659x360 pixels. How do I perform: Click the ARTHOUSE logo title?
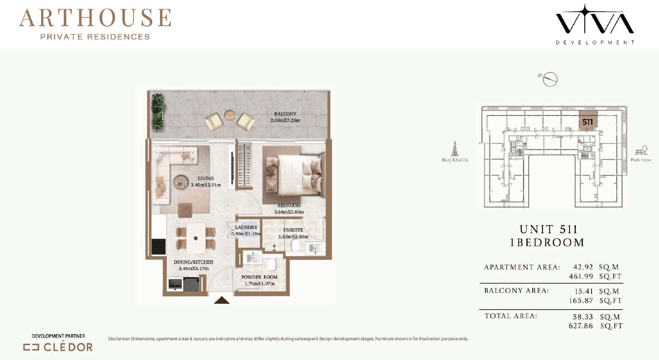pos(95,18)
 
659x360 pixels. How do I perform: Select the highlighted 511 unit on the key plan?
pos(588,121)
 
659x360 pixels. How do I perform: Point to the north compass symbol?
pos(549,79)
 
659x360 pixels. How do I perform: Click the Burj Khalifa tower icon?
pos(455,148)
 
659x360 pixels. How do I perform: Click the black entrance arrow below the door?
pos(221,300)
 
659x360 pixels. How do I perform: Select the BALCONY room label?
pos(285,114)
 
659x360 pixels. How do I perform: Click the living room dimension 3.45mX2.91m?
pos(205,185)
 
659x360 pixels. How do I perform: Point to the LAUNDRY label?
pos(246,227)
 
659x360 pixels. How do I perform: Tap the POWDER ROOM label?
pos(259,277)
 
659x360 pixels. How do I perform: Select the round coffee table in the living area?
pos(181,182)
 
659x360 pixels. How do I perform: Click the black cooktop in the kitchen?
pos(158,247)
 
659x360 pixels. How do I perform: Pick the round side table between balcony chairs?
pos(230,115)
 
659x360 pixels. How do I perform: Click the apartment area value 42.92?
pos(583,267)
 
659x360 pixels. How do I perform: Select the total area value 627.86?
pos(581,326)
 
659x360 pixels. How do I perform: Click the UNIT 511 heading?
pos(549,229)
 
